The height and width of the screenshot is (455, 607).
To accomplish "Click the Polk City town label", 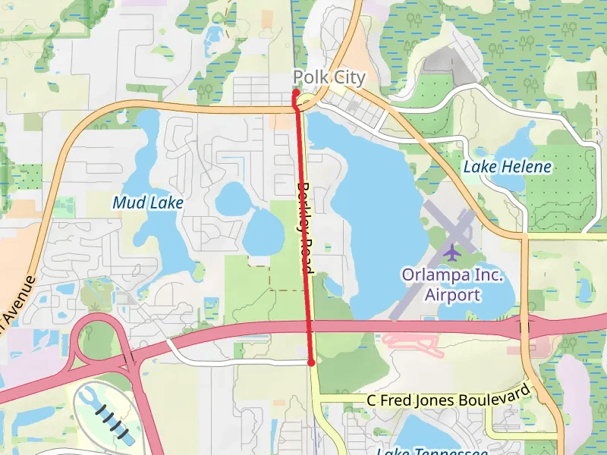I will click(x=329, y=77).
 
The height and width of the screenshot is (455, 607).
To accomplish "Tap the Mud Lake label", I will click(x=148, y=202).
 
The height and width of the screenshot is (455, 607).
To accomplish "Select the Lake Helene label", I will click(x=507, y=166).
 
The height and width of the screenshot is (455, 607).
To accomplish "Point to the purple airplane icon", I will click(x=453, y=251).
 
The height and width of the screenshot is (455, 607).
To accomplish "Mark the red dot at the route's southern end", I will click(x=311, y=363).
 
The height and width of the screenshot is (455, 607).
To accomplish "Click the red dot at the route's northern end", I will click(x=296, y=93).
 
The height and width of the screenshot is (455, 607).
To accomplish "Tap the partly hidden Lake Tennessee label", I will click(x=432, y=450).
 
